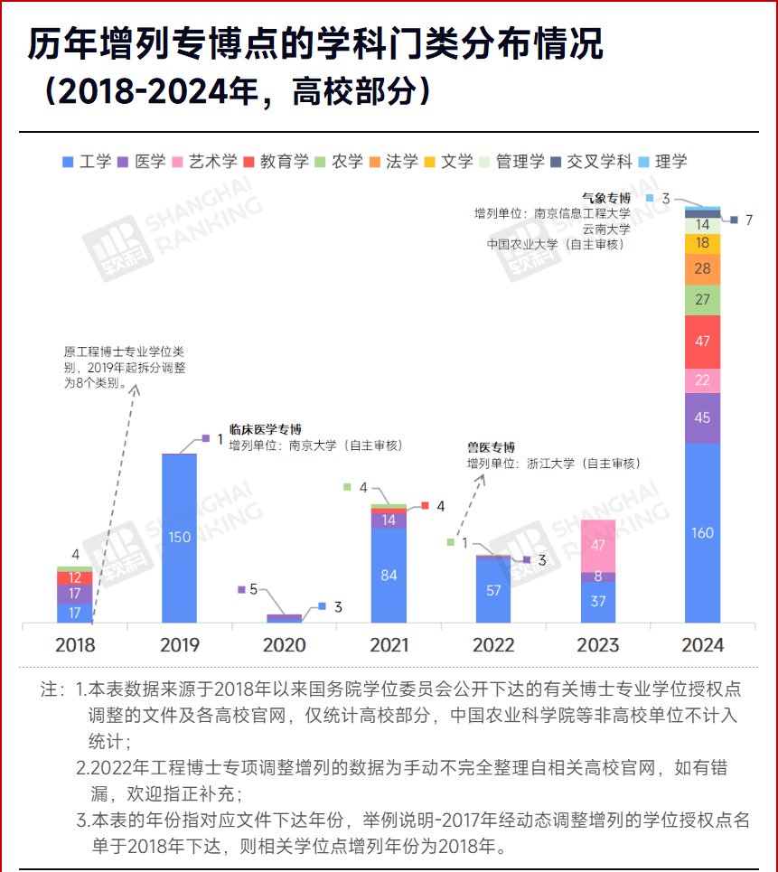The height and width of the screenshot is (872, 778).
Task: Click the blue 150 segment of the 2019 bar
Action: (179, 538)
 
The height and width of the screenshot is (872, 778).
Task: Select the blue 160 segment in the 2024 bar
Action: (702, 532)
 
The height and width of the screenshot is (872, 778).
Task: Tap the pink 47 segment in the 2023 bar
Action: (597, 546)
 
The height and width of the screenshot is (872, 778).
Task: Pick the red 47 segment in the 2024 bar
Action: (702, 342)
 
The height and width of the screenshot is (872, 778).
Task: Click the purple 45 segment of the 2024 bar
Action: (702, 417)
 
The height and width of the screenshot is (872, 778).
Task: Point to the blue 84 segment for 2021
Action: (389, 576)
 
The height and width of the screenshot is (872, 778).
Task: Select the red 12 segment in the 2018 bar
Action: (74, 578)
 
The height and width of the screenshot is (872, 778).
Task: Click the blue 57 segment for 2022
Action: (493, 591)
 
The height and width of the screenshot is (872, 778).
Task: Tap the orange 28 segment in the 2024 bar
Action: (702, 269)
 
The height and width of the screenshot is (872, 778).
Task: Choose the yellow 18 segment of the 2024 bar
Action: (702, 244)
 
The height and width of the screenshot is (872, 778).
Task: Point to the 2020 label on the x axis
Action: (284, 645)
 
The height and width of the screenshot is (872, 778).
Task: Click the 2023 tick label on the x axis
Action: (598, 645)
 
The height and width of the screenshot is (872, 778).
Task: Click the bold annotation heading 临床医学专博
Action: (265, 429)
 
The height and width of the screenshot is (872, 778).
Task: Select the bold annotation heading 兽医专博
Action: (491, 447)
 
